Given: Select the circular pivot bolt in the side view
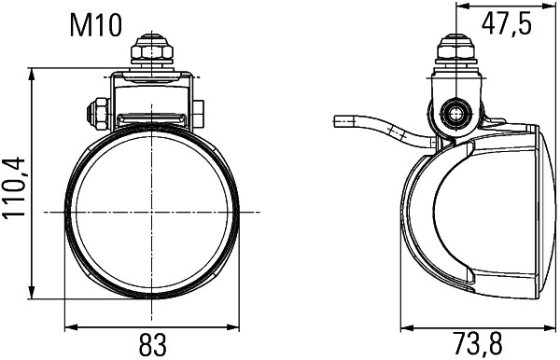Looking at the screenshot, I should point(455,113).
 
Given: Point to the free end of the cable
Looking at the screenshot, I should point(338,121).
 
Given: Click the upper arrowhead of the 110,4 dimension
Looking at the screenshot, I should point(33,73).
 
